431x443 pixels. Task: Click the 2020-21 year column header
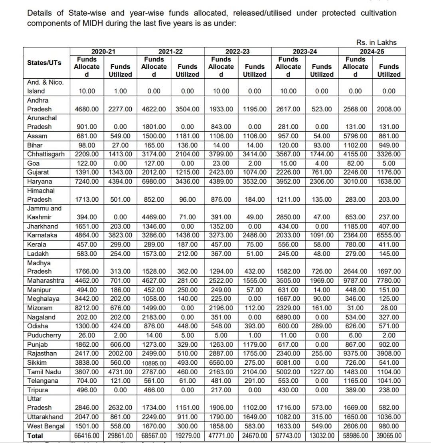[103, 51]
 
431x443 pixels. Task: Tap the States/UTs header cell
[44, 63]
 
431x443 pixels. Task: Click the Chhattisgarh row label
[46, 154]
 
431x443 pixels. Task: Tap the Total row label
[35, 435]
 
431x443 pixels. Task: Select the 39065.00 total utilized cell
[389, 435]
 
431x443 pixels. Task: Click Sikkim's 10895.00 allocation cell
[154, 363]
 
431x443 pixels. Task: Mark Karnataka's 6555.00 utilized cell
[389, 235]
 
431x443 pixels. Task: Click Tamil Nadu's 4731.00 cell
[120, 372]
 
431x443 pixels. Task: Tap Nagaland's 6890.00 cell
[288, 317]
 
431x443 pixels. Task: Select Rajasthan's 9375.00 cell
[355, 354]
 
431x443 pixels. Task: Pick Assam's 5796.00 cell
[355, 136]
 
